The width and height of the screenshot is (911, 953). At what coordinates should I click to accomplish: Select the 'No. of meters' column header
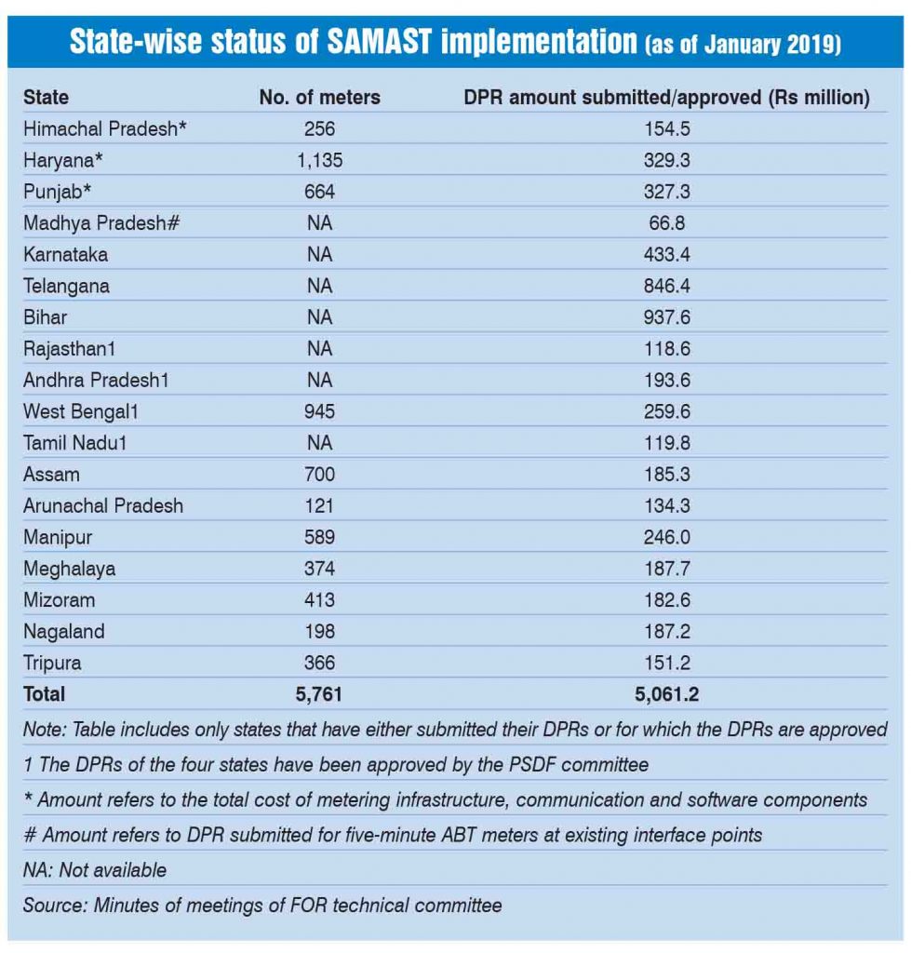click(x=319, y=97)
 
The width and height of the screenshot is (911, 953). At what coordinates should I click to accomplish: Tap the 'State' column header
click(x=46, y=97)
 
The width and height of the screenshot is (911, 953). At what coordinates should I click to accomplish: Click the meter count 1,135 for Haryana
click(x=319, y=160)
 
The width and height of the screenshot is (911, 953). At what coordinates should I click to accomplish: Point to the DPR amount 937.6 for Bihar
click(x=666, y=317)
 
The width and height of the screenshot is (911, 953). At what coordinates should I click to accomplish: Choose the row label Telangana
click(x=66, y=287)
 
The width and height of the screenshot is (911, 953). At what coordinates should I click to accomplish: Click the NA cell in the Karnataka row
click(x=319, y=255)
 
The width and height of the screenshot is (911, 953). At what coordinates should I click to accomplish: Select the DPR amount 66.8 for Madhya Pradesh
click(x=666, y=223)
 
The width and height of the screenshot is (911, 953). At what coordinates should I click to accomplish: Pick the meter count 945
click(x=319, y=412)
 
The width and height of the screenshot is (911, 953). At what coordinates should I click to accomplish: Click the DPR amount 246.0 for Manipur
click(x=666, y=538)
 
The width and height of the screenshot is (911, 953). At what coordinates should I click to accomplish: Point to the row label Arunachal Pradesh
click(x=103, y=506)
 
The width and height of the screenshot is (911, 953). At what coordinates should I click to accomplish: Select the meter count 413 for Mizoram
click(x=319, y=600)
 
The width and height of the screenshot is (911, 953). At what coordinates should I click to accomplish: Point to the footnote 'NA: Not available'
click(x=95, y=870)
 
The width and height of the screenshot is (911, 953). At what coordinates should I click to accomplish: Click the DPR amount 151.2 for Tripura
click(x=666, y=664)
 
